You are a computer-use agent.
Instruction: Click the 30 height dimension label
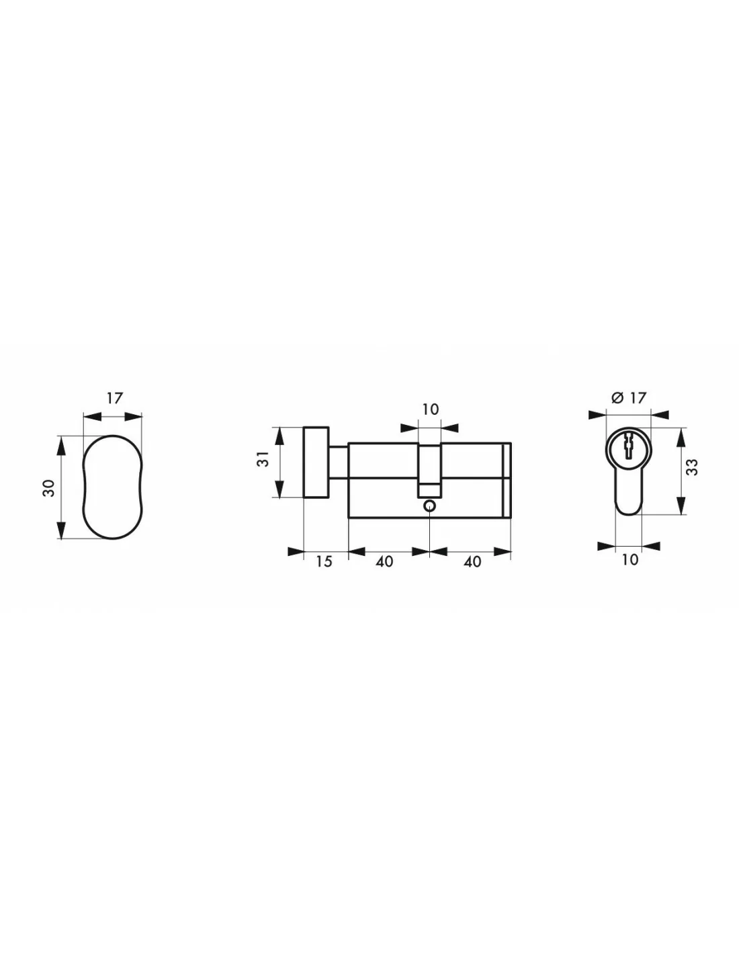(x=49, y=487)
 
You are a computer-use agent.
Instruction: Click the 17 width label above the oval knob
(x=114, y=398)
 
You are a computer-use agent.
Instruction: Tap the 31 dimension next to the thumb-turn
(x=263, y=459)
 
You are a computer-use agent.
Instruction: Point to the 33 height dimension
(x=691, y=467)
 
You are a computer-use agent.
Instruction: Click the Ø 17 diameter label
(x=629, y=398)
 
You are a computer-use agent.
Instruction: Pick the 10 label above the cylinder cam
(x=431, y=409)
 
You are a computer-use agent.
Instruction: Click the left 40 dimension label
(x=384, y=562)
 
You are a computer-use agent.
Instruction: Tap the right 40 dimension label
(x=472, y=562)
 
